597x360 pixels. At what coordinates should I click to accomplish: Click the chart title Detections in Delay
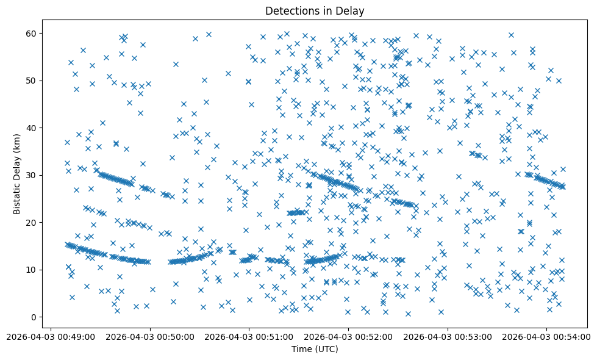click(315, 11)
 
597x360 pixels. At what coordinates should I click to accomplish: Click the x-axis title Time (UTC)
click(315, 349)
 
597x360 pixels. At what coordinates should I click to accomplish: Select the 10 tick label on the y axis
click(31, 270)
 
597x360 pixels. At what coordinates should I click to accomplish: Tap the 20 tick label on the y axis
click(31, 223)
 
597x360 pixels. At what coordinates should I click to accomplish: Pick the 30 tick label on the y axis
click(31, 175)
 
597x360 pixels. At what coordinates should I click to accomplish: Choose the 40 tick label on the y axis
click(31, 128)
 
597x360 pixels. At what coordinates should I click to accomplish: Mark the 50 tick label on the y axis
click(31, 81)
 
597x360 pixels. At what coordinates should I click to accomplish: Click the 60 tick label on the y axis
click(31, 33)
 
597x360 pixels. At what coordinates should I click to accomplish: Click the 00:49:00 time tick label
click(51, 336)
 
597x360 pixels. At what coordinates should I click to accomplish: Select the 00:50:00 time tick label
click(150, 336)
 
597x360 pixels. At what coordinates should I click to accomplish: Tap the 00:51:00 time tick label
click(249, 336)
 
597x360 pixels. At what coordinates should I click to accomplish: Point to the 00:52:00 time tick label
click(348, 336)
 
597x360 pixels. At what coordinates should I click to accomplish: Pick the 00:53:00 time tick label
click(447, 336)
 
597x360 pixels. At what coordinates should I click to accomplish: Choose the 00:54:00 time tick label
click(546, 336)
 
